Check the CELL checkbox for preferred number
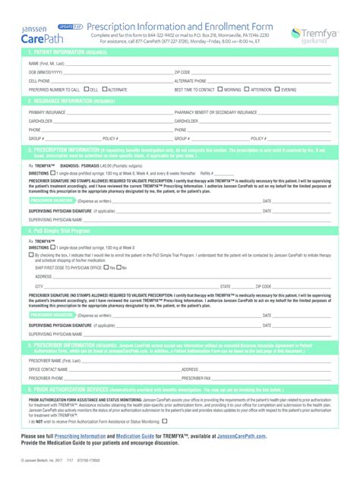tap(87, 90)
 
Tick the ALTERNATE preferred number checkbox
tap(106, 90)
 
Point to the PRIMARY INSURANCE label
tap(48, 112)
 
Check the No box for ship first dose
tap(121, 267)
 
